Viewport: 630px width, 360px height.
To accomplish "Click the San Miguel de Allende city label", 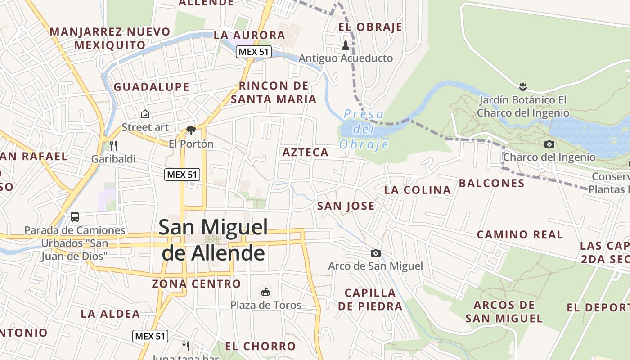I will [x=213, y=240].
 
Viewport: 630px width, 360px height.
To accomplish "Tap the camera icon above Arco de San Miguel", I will [x=376, y=253].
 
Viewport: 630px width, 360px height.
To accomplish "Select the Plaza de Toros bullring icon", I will [x=265, y=292].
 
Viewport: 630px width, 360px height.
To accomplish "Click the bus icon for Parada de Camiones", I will [x=75, y=217].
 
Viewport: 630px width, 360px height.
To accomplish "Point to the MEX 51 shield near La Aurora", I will [x=254, y=52].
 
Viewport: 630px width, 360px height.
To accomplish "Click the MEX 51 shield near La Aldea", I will [x=150, y=336].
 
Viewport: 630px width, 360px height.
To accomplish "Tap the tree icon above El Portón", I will [x=191, y=130].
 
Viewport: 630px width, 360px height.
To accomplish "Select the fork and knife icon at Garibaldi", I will [x=113, y=146].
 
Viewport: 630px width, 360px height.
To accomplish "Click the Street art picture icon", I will [x=145, y=114].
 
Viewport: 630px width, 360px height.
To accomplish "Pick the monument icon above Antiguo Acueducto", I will [x=346, y=45].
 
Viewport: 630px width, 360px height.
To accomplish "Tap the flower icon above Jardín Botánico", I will [x=522, y=85].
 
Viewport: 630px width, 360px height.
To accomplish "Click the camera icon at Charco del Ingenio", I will [x=549, y=144].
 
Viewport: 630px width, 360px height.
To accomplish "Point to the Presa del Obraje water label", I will [x=364, y=129].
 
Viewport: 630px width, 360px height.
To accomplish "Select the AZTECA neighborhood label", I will [x=306, y=153].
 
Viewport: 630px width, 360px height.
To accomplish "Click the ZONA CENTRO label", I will [x=196, y=284].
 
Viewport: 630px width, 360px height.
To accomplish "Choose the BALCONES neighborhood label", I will [x=491, y=183].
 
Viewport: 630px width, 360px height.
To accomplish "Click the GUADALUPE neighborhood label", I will [x=152, y=87].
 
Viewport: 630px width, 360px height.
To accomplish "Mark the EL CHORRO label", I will [x=260, y=346].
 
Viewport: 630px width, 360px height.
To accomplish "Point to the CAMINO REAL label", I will [x=520, y=234].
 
